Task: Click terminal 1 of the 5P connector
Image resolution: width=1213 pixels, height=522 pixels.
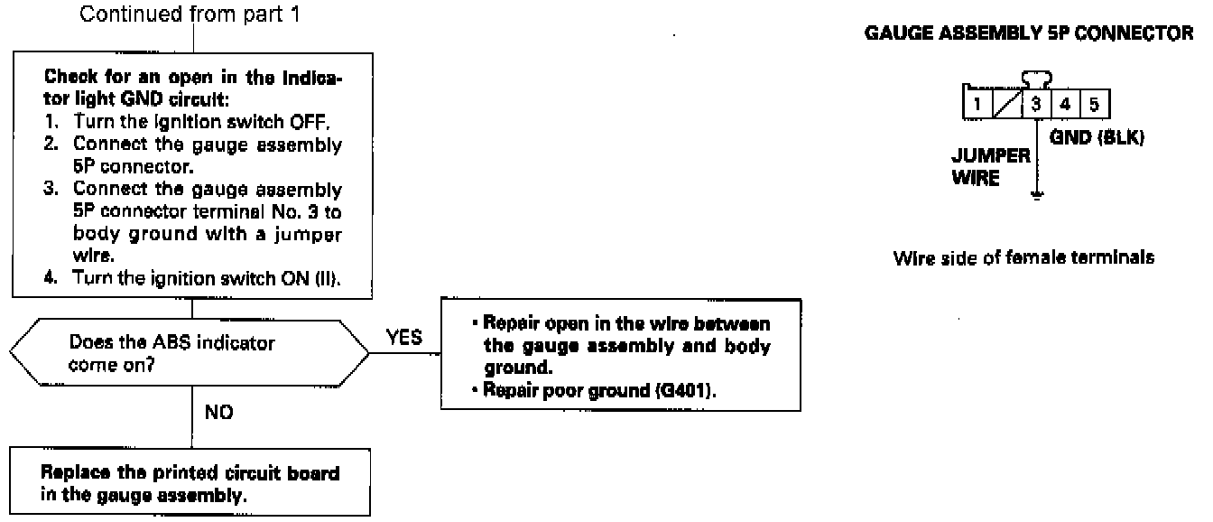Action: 979,102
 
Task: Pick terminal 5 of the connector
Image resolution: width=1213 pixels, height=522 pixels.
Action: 1093,102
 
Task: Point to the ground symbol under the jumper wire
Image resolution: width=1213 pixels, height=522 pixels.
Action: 1039,194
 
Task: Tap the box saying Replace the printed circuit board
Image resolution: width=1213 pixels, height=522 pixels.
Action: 190,483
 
